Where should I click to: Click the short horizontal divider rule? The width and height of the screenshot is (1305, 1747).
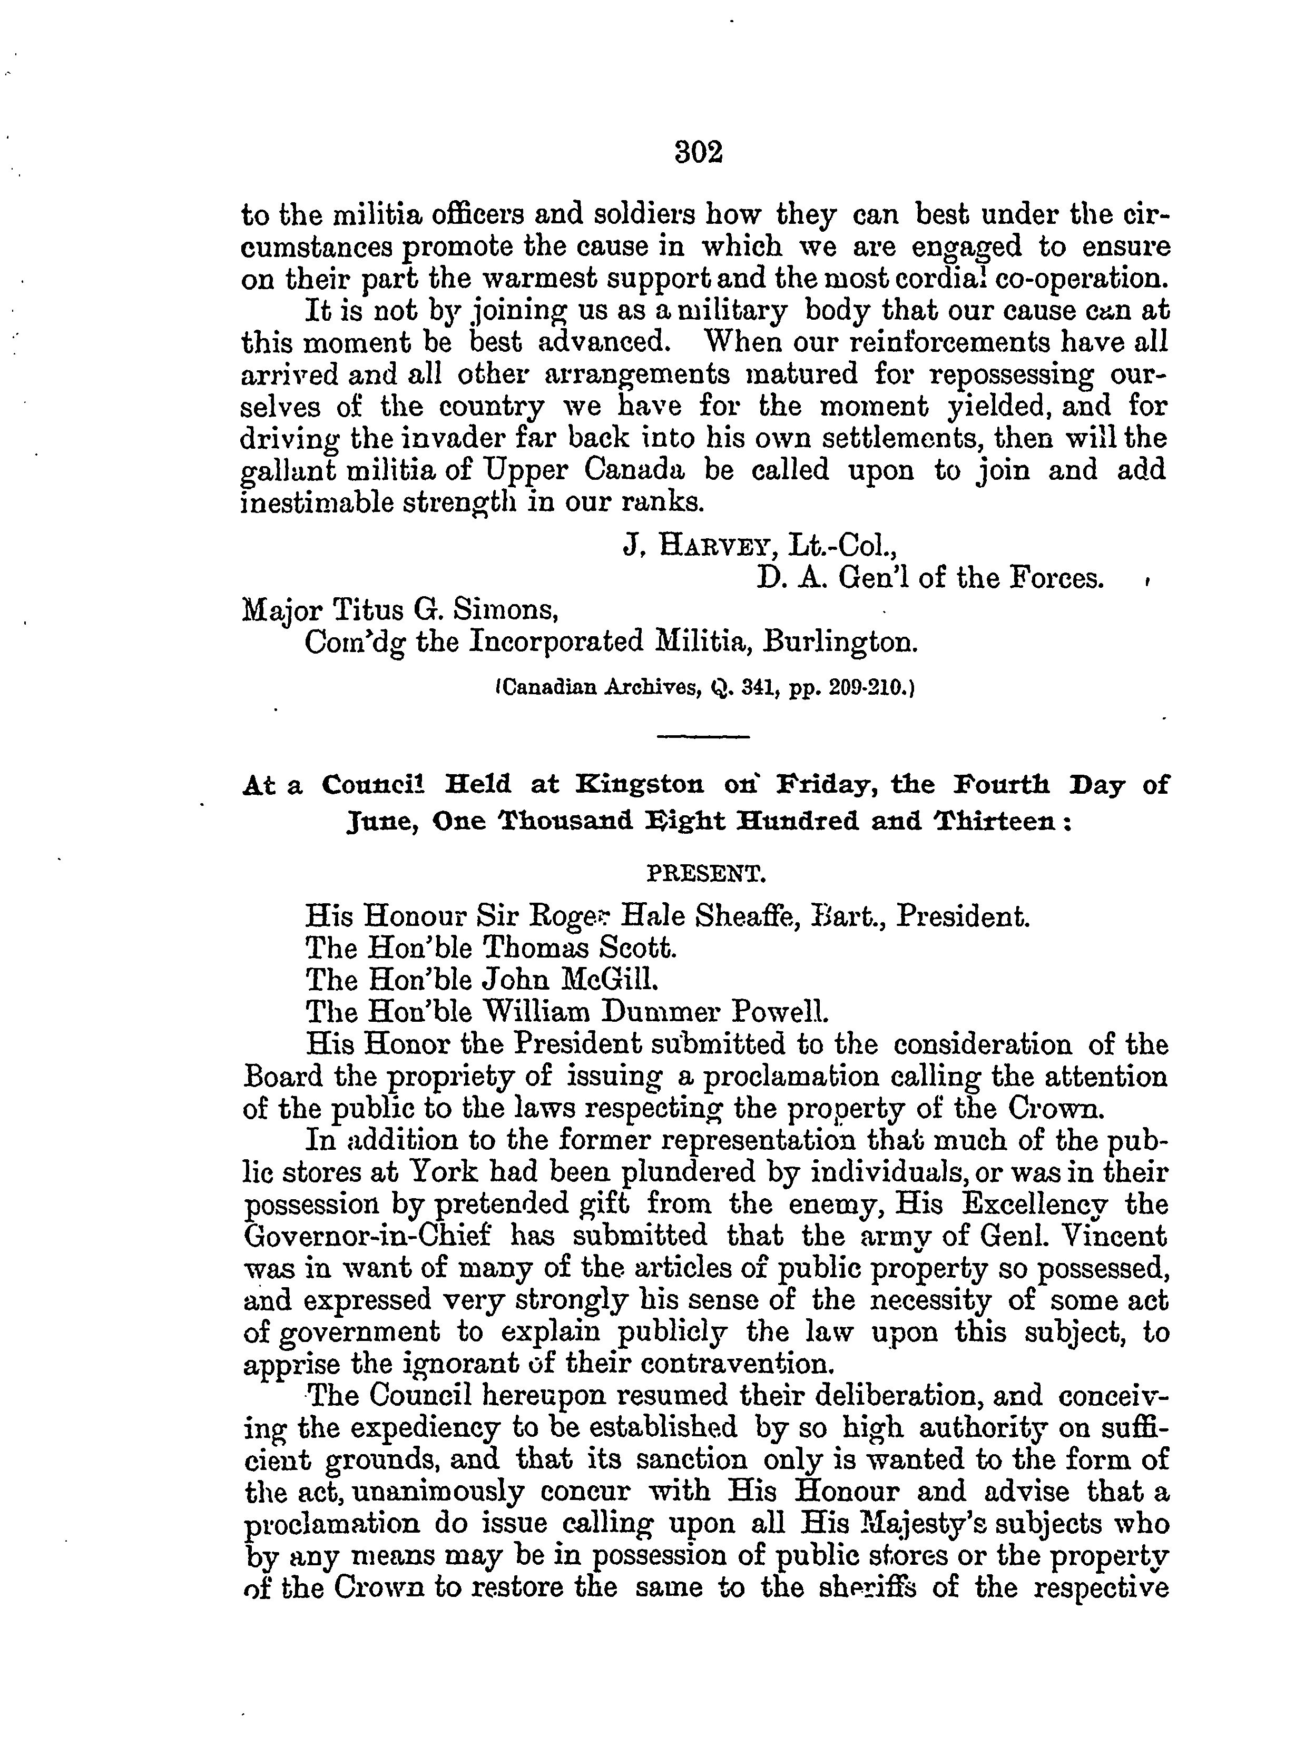[x=702, y=738]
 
